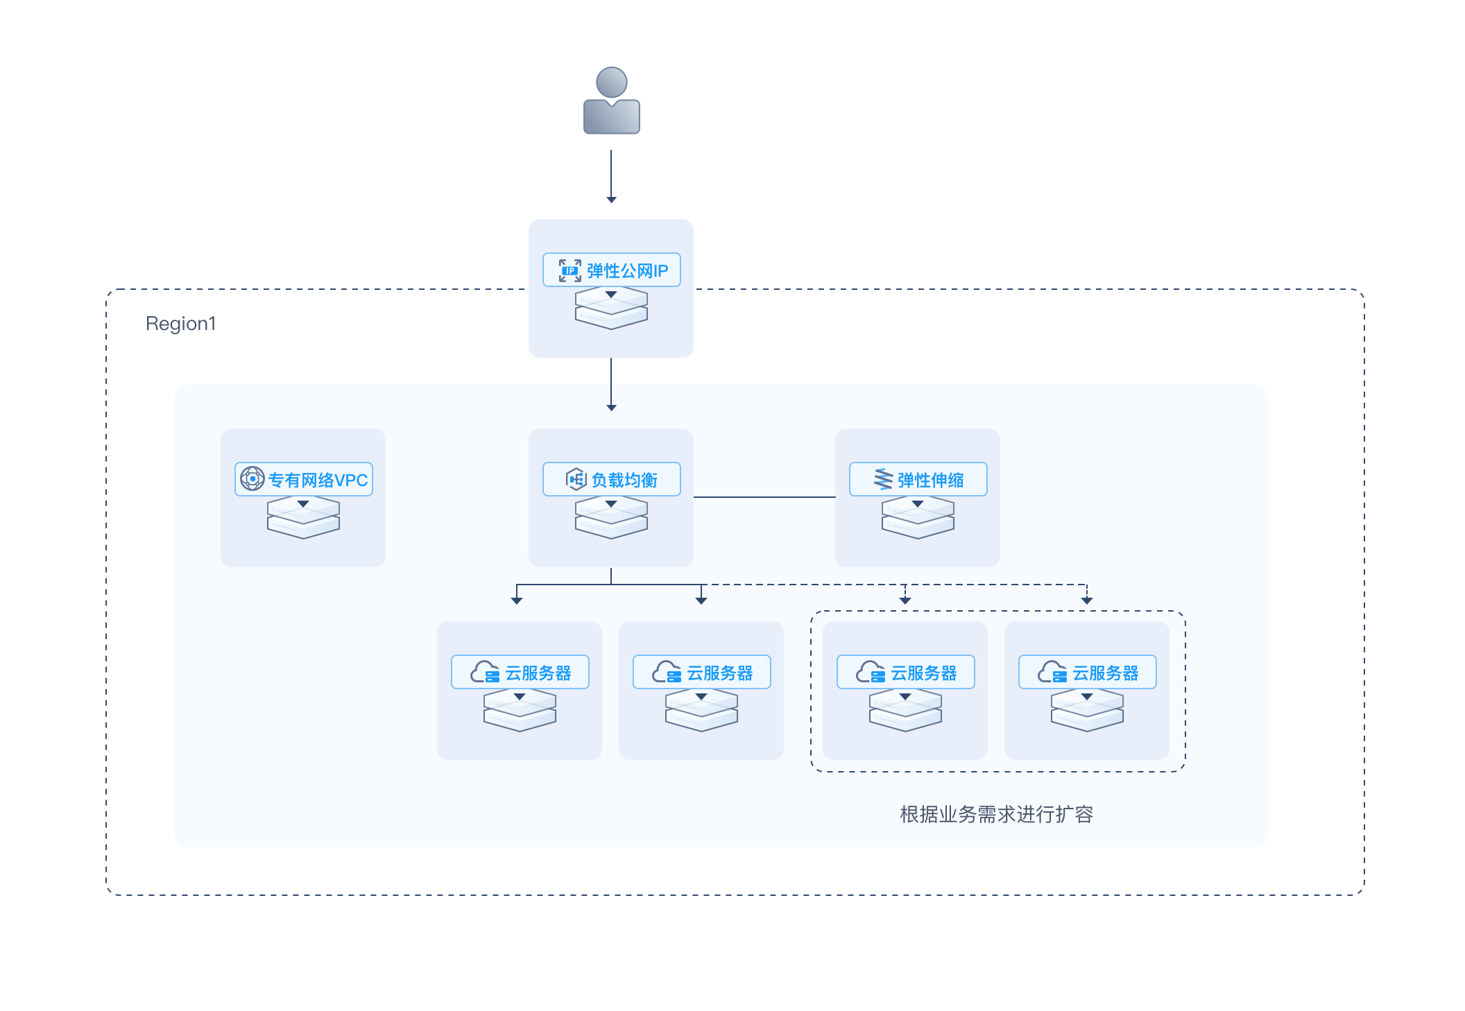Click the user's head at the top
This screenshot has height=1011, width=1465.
click(x=611, y=83)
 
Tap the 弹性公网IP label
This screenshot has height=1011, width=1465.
click(x=627, y=270)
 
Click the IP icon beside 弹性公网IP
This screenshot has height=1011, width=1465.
click(x=570, y=270)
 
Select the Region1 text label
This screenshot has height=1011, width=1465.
click(x=181, y=323)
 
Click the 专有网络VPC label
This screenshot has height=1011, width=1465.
click(x=318, y=480)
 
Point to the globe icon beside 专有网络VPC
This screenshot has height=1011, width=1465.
click(x=252, y=478)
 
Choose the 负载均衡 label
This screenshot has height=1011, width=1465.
click(x=624, y=480)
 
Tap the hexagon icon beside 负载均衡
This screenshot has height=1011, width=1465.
click(x=576, y=478)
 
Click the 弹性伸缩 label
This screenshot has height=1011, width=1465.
click(x=930, y=480)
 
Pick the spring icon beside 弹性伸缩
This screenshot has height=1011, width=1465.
click(x=883, y=478)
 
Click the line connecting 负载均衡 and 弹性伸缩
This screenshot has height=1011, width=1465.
click(x=764, y=497)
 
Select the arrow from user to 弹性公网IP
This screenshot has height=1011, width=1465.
click(x=611, y=176)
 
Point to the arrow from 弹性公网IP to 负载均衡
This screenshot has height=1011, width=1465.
click(x=611, y=385)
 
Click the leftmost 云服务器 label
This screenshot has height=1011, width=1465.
click(x=538, y=673)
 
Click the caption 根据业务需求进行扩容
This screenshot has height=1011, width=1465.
click(x=996, y=814)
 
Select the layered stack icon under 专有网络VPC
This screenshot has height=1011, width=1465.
click(x=303, y=517)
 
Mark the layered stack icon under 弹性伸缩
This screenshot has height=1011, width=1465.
click(x=918, y=517)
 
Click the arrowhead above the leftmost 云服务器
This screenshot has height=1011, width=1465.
click(x=516, y=600)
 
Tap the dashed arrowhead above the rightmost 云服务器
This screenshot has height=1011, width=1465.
click(x=1087, y=600)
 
